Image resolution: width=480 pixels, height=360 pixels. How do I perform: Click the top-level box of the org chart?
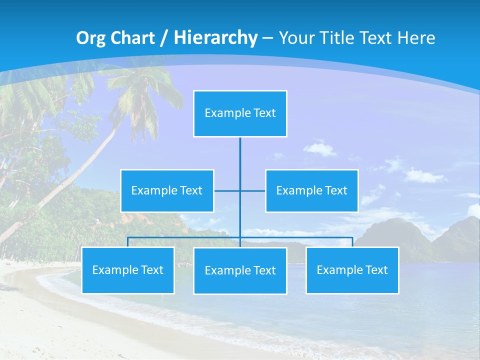[240, 113]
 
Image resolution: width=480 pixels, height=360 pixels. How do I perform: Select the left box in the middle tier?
[167, 190]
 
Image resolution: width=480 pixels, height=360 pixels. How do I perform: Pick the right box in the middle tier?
[311, 190]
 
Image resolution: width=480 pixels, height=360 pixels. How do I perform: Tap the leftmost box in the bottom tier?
[128, 270]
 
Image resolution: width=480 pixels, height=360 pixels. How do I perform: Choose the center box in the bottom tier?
[240, 270]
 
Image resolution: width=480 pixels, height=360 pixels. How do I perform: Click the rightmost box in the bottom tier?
[352, 270]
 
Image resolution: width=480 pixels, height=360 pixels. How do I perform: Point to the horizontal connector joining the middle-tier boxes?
[252, 190]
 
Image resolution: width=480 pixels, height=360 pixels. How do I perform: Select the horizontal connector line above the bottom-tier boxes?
[185, 237]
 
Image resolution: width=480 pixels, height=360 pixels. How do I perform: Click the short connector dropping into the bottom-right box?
[352, 242]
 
